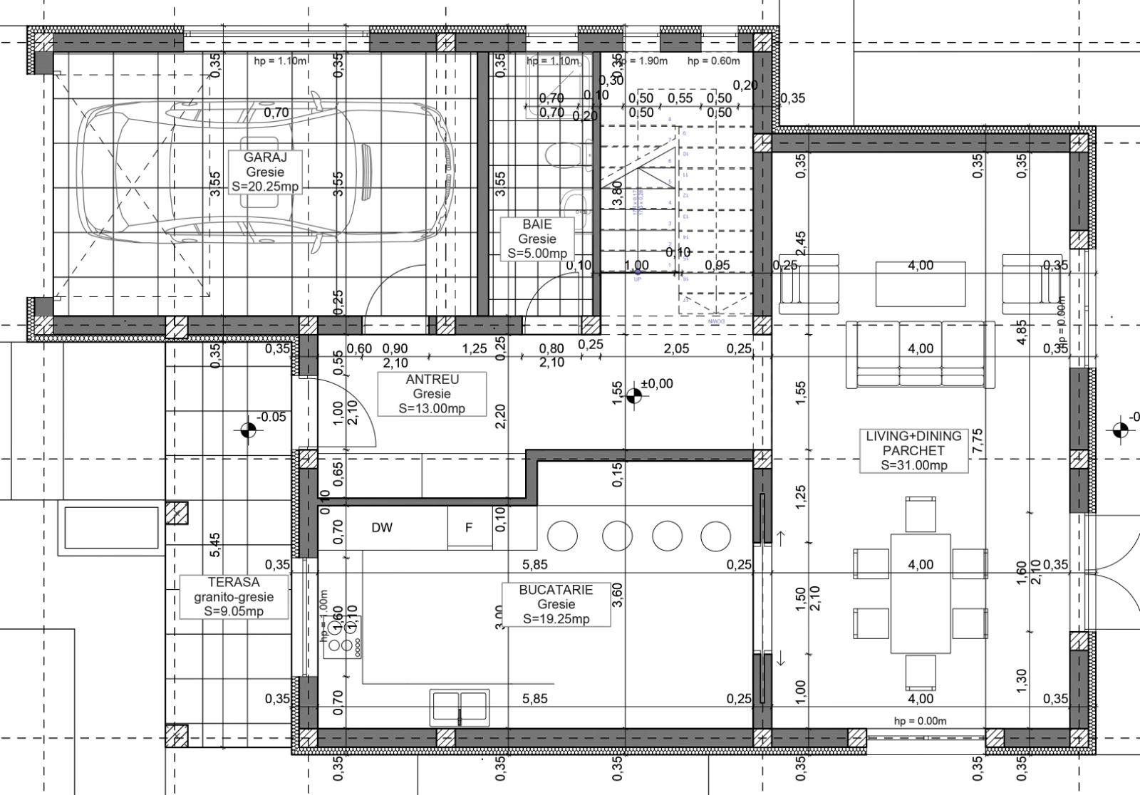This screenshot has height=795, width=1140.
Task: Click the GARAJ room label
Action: click(x=265, y=172)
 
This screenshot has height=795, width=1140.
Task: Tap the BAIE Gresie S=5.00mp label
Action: click(x=537, y=239)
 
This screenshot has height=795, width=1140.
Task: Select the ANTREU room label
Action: click(x=432, y=394)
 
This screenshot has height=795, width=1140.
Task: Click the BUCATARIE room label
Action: click(x=556, y=604)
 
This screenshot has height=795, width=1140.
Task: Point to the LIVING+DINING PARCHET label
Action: click(x=913, y=450)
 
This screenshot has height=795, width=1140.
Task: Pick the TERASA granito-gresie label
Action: click(x=234, y=597)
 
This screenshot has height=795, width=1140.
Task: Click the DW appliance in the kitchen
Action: click(x=382, y=528)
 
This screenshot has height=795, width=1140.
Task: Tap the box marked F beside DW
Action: click(x=469, y=528)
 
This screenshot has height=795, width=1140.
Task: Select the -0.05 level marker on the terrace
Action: click(x=249, y=430)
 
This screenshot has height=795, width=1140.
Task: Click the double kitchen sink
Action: click(x=460, y=706)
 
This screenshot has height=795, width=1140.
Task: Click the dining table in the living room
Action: click(x=920, y=593)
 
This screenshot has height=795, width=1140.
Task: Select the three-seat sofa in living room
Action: click(x=920, y=355)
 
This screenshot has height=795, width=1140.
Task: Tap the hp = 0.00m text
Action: click(x=920, y=720)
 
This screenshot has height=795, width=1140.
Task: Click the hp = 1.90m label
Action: click(x=642, y=61)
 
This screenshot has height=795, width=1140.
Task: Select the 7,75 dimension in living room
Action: click(x=977, y=442)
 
